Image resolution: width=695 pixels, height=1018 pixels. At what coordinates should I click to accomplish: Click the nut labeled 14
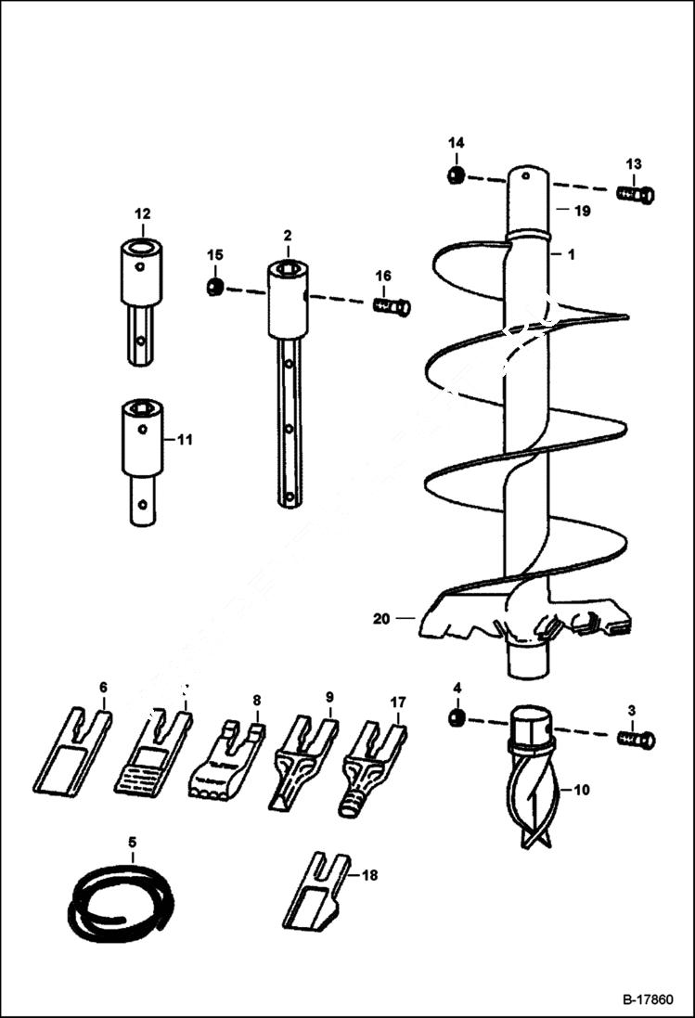point(456,175)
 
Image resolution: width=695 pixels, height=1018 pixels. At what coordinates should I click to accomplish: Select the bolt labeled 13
point(636,194)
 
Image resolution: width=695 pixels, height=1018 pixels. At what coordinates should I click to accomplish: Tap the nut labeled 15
point(214,287)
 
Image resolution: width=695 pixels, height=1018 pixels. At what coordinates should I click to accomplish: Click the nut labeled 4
point(456,719)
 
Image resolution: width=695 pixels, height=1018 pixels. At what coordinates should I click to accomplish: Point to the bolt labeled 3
point(636,740)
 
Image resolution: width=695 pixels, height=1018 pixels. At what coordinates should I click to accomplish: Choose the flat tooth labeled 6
point(72,754)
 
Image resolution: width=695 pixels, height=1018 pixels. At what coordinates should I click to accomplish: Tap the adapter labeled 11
point(142,462)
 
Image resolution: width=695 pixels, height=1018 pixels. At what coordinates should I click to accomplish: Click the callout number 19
point(582,212)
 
